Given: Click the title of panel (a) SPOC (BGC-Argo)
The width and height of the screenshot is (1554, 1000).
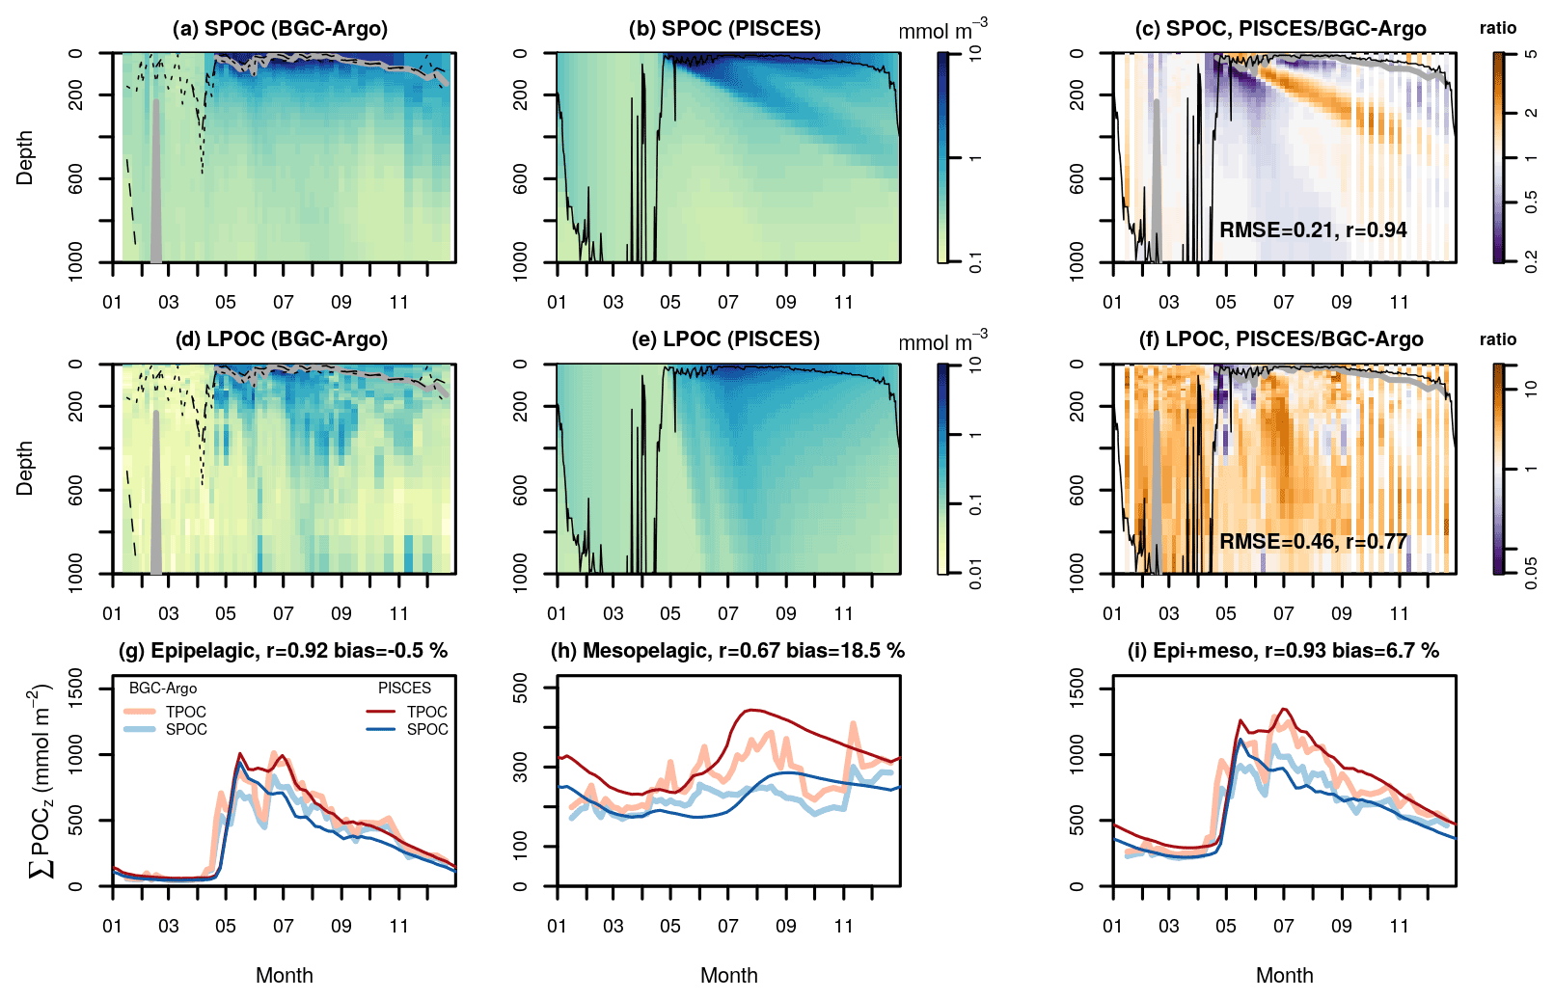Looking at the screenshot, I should click(x=280, y=29).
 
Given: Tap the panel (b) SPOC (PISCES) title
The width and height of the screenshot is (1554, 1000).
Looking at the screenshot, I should click(x=724, y=29).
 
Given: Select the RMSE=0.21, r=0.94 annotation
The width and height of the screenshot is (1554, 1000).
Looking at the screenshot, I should click(x=1313, y=230).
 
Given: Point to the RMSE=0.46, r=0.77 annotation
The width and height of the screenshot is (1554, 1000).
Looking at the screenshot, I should click(x=1313, y=542).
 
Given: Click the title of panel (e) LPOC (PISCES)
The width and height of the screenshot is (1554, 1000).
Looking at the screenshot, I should click(x=724, y=339).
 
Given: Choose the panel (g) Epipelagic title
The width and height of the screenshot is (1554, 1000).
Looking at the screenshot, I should click(x=283, y=651).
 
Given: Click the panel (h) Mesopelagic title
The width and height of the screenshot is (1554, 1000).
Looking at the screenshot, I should click(x=727, y=651).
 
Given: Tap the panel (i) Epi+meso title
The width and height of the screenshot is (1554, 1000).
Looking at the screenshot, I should click(x=1283, y=651).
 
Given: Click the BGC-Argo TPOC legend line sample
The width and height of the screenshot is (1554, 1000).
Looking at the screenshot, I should click(x=140, y=712).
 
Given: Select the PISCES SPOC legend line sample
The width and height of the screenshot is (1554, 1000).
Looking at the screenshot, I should click(x=381, y=729).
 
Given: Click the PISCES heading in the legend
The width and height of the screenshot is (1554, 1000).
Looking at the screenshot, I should click(x=404, y=689).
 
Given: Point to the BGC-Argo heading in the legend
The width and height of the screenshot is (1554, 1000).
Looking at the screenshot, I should click(x=163, y=689).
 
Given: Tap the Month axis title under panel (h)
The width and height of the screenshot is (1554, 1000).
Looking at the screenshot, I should click(x=728, y=976).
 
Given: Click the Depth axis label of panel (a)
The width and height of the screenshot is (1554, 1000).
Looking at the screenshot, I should click(x=25, y=157).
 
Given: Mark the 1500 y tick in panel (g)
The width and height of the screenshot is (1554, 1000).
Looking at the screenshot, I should click(x=76, y=688).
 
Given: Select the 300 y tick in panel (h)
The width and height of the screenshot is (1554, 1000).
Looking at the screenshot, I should click(x=521, y=767).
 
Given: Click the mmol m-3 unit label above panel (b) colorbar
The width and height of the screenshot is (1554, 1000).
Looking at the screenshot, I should click(x=941, y=32).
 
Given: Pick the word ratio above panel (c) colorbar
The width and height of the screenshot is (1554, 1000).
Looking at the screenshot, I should click(x=1497, y=29).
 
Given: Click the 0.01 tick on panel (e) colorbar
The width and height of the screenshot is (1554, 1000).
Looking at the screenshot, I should click(x=975, y=574).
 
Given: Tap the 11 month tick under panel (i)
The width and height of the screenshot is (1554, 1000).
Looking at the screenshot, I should click(x=1399, y=926).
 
